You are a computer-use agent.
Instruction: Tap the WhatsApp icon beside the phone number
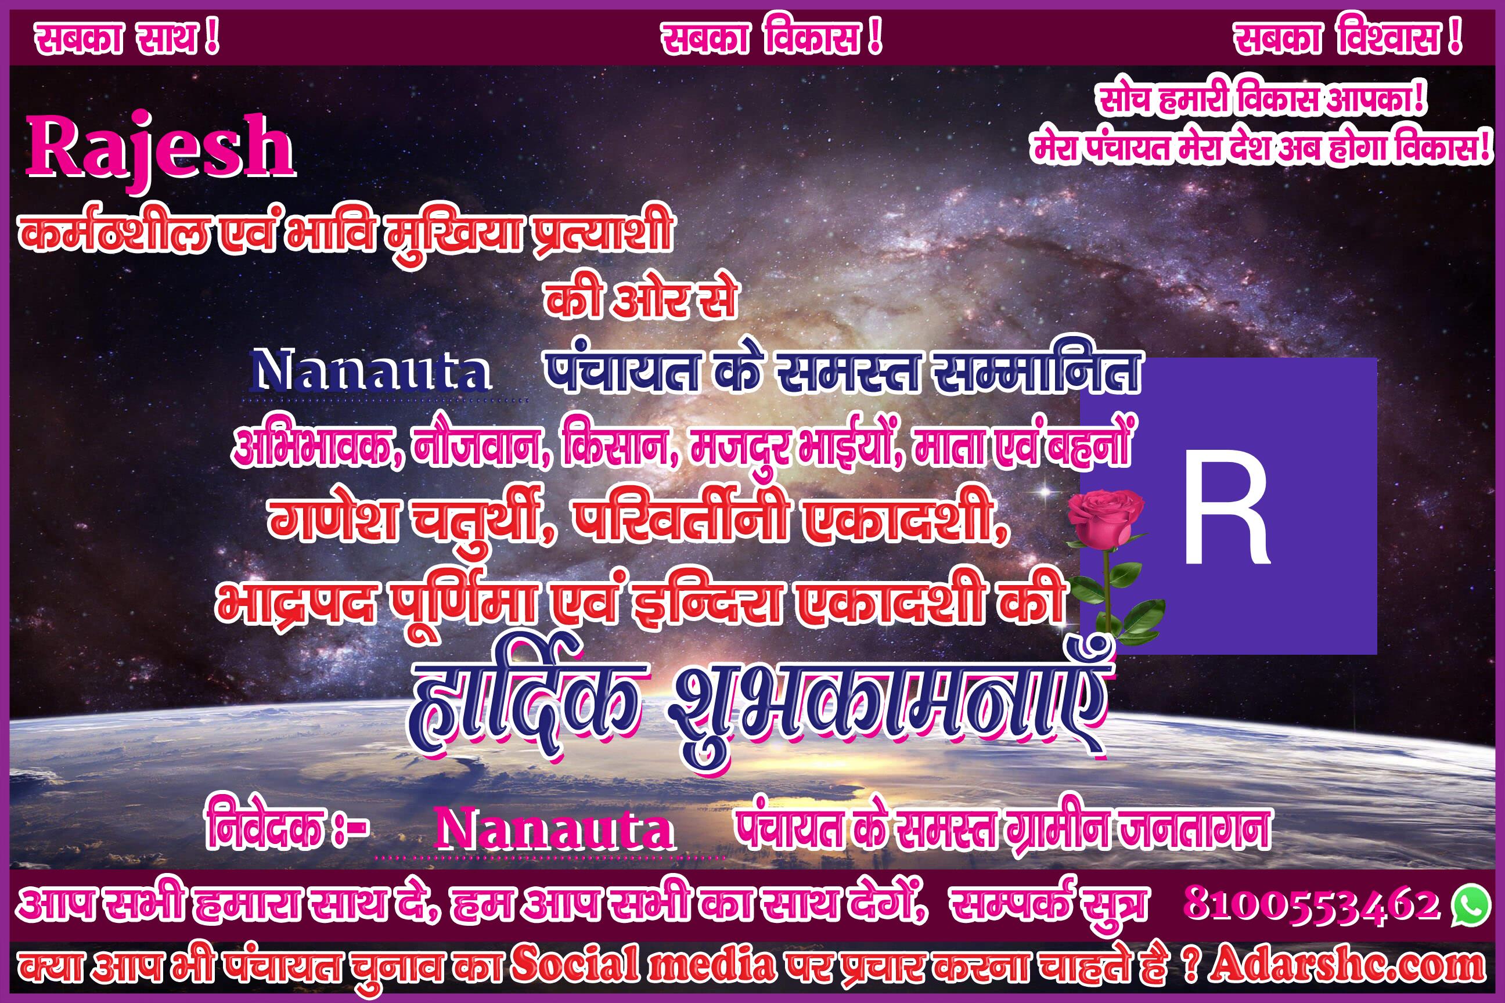1470,904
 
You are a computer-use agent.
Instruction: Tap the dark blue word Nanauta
372,371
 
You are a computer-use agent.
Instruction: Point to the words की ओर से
640,300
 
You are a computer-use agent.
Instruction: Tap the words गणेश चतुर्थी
409,518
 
